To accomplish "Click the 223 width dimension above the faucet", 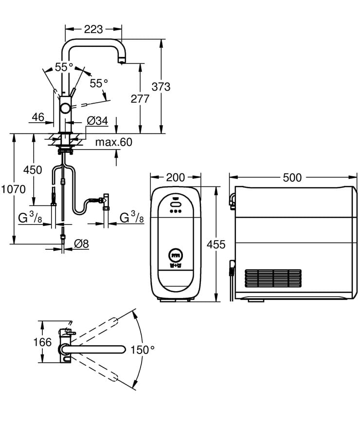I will pyautogui.click(x=93, y=29).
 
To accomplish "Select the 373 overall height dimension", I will pyautogui.click(x=161, y=87).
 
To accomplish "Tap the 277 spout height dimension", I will pyautogui.click(x=140, y=99).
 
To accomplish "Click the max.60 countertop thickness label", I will pyautogui.click(x=113, y=142).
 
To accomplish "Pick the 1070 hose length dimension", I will pyautogui.click(x=13, y=189).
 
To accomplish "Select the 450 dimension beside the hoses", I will pyautogui.click(x=33, y=170).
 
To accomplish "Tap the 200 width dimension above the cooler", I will pyautogui.click(x=175, y=177).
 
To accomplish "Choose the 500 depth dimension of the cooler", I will pyautogui.click(x=292, y=177).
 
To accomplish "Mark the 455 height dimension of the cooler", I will pyautogui.click(x=216, y=244).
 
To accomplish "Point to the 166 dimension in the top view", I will pyautogui.click(x=42, y=342).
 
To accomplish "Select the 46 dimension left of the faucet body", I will pyautogui.click(x=38, y=117).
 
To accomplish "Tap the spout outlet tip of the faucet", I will pyautogui.click(x=120, y=60).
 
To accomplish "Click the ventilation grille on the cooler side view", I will pyautogui.click(x=273, y=278).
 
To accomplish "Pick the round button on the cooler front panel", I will pyautogui.click(x=175, y=254).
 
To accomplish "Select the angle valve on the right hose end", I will pyautogui.click(x=105, y=201).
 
